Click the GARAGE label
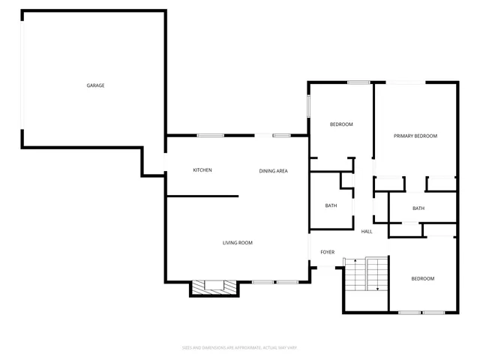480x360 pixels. pos(95,85)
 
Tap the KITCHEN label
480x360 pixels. pos(202,170)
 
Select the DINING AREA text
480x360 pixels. pos(274,171)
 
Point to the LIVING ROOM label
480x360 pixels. pos(237,242)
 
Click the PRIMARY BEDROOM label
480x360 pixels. pos(415,136)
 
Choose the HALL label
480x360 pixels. pos(367,231)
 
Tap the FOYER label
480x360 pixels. pos(328,252)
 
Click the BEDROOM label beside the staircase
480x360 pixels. pos(422,279)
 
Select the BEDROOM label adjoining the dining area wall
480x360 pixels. pos(341,124)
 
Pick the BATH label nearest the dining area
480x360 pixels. pos(331,205)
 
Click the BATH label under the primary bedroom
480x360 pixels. pos(418,208)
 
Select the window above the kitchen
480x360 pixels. pos(210,136)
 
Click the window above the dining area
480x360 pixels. pos(281,136)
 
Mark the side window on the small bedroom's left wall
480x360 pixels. pos(308,106)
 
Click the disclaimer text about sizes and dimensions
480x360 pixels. pos(240,347)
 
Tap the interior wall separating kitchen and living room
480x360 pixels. pos(202,196)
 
